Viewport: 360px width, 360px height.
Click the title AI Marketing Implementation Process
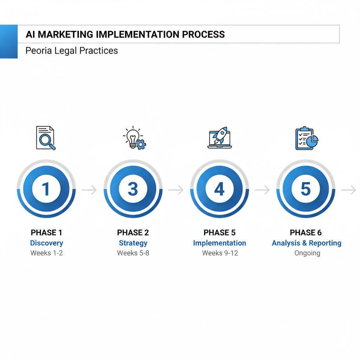point(125,34)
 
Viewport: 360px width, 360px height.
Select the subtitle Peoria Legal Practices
point(72,51)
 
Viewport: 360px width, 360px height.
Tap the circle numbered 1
point(46,189)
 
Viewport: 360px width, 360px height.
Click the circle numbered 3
point(133,189)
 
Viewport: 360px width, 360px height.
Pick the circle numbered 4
point(219,189)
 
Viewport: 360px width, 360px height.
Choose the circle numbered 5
point(306,189)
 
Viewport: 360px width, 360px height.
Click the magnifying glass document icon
point(46,138)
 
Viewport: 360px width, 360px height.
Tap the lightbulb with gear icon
point(134,138)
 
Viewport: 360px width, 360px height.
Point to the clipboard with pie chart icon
point(306,138)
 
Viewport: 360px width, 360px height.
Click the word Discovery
point(46,243)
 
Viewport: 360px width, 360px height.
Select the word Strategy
point(133,243)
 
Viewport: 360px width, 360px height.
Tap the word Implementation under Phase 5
point(219,243)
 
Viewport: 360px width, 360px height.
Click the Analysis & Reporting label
point(307,243)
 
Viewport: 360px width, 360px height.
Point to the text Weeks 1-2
point(46,253)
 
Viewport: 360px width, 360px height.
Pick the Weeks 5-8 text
point(133,253)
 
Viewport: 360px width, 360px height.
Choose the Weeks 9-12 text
point(220,253)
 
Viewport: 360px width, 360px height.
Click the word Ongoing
point(307,253)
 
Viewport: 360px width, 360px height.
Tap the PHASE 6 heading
point(306,232)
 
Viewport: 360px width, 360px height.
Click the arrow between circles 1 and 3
point(89,190)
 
